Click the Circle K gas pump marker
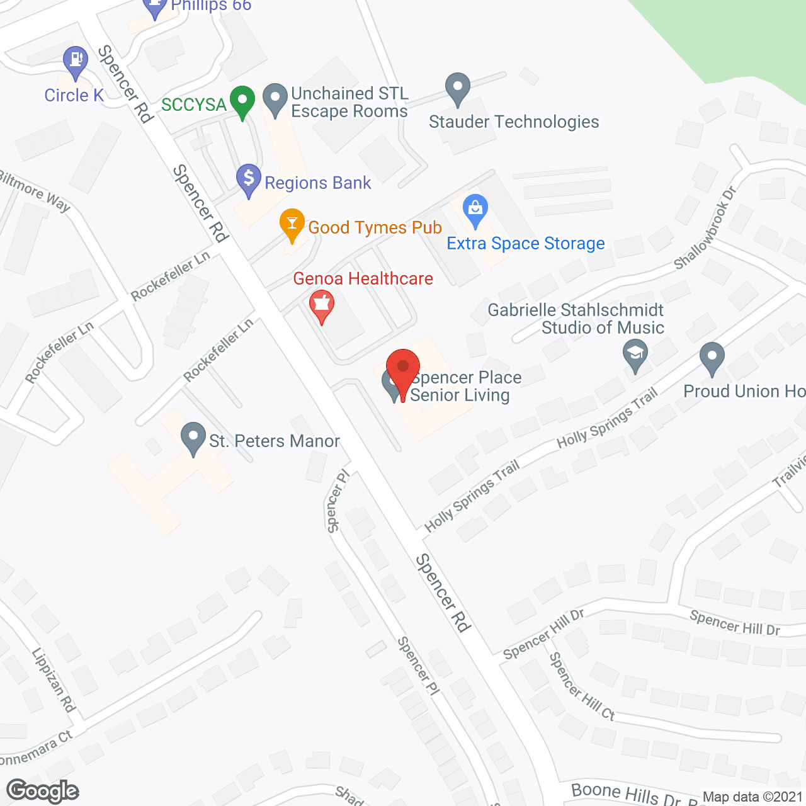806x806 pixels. [x=76, y=61]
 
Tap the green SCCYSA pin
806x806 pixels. [x=242, y=101]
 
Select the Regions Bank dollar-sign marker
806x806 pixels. [x=249, y=179]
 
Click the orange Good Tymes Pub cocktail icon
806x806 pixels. [x=292, y=224]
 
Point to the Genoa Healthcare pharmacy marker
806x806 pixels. [x=322, y=305]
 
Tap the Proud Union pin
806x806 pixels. [x=712, y=357]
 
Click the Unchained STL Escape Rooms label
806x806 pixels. [x=349, y=102]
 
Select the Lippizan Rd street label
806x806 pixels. [x=54, y=680]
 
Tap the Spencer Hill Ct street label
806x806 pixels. [x=581, y=686]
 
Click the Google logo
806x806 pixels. [x=42, y=791]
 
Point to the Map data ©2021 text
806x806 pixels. [x=752, y=797]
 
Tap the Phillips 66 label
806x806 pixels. [x=211, y=6]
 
